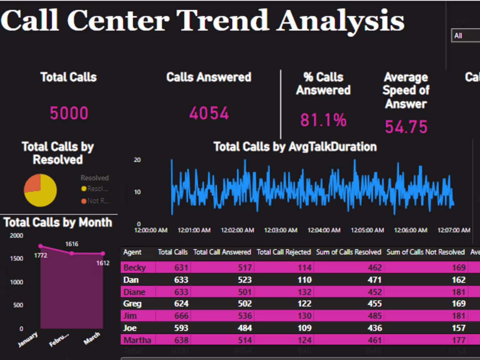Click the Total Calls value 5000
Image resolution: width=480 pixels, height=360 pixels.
(x=69, y=113)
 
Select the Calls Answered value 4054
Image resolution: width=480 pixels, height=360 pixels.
(x=209, y=113)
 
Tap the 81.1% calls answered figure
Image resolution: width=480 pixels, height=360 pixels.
(x=323, y=120)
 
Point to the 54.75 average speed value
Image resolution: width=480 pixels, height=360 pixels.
(x=406, y=127)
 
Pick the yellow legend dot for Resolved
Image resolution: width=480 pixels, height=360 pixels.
(x=84, y=189)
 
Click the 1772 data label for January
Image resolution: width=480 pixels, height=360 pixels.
(x=41, y=255)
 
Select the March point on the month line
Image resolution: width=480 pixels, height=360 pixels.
(x=103, y=253)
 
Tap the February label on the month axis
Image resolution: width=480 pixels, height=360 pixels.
(x=59, y=340)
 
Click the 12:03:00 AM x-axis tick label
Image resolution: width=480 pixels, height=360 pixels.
(x=281, y=230)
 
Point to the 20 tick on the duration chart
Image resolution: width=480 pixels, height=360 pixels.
(x=137, y=160)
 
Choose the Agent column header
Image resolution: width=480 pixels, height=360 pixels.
(x=132, y=252)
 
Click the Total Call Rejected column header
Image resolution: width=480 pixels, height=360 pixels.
(x=284, y=252)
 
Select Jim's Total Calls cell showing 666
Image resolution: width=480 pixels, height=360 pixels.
(x=181, y=316)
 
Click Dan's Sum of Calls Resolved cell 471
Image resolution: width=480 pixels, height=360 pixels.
(x=374, y=280)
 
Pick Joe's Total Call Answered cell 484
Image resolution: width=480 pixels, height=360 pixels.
(x=245, y=328)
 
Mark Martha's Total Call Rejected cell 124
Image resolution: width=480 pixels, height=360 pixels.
(x=304, y=340)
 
